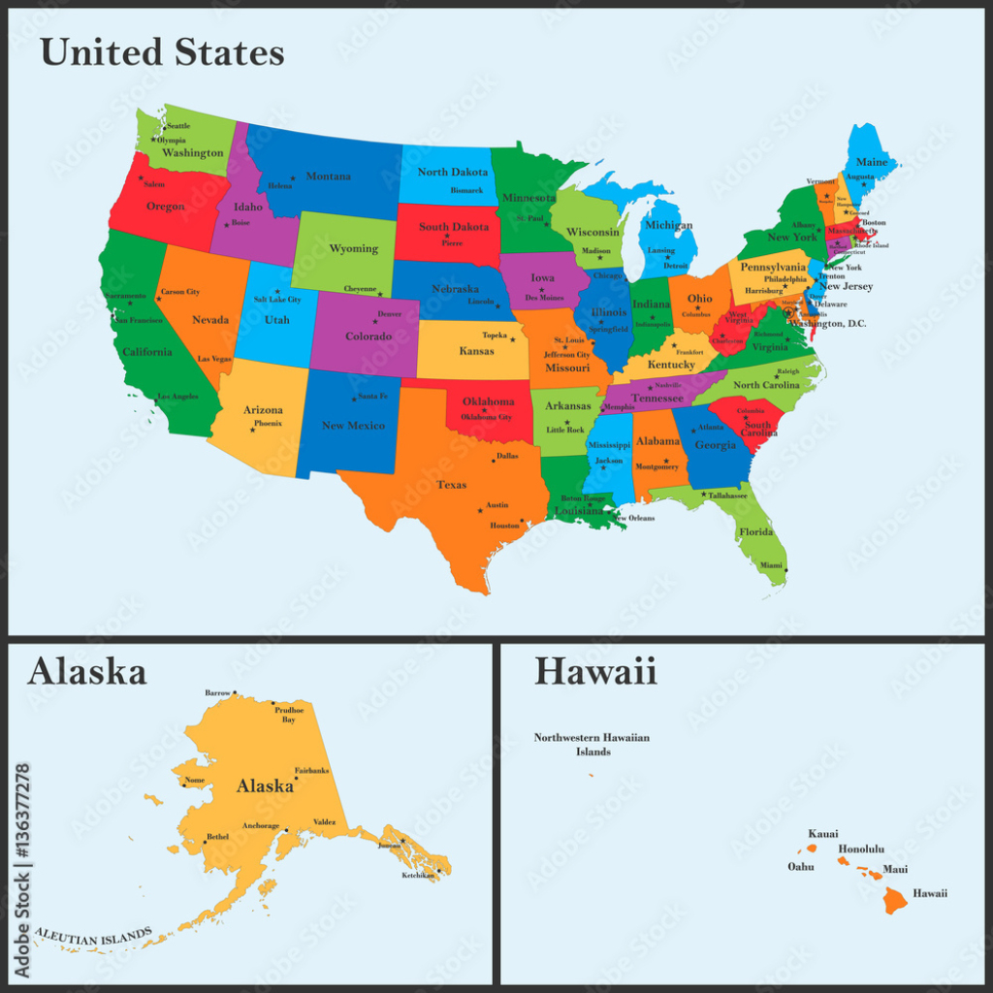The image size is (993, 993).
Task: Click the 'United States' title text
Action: point(162,52)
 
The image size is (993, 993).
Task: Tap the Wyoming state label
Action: point(353,248)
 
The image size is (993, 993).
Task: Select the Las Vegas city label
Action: point(215,359)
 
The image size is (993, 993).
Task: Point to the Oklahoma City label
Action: point(486,417)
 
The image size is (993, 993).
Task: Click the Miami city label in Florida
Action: point(771,565)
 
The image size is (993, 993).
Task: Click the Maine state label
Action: point(872,163)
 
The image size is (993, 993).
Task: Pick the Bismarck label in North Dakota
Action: point(466,190)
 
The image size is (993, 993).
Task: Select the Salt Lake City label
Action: point(277,300)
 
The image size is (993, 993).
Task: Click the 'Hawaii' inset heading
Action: point(595,670)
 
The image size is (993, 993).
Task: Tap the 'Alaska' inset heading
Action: point(86,670)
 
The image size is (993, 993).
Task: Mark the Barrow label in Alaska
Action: point(219,692)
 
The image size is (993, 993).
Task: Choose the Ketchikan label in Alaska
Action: point(419,876)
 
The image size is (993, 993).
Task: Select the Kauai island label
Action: point(823,833)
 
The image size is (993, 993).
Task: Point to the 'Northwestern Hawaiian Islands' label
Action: point(592,745)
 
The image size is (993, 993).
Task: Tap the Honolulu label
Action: point(860,849)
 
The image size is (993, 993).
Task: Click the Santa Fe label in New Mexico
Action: point(372,396)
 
